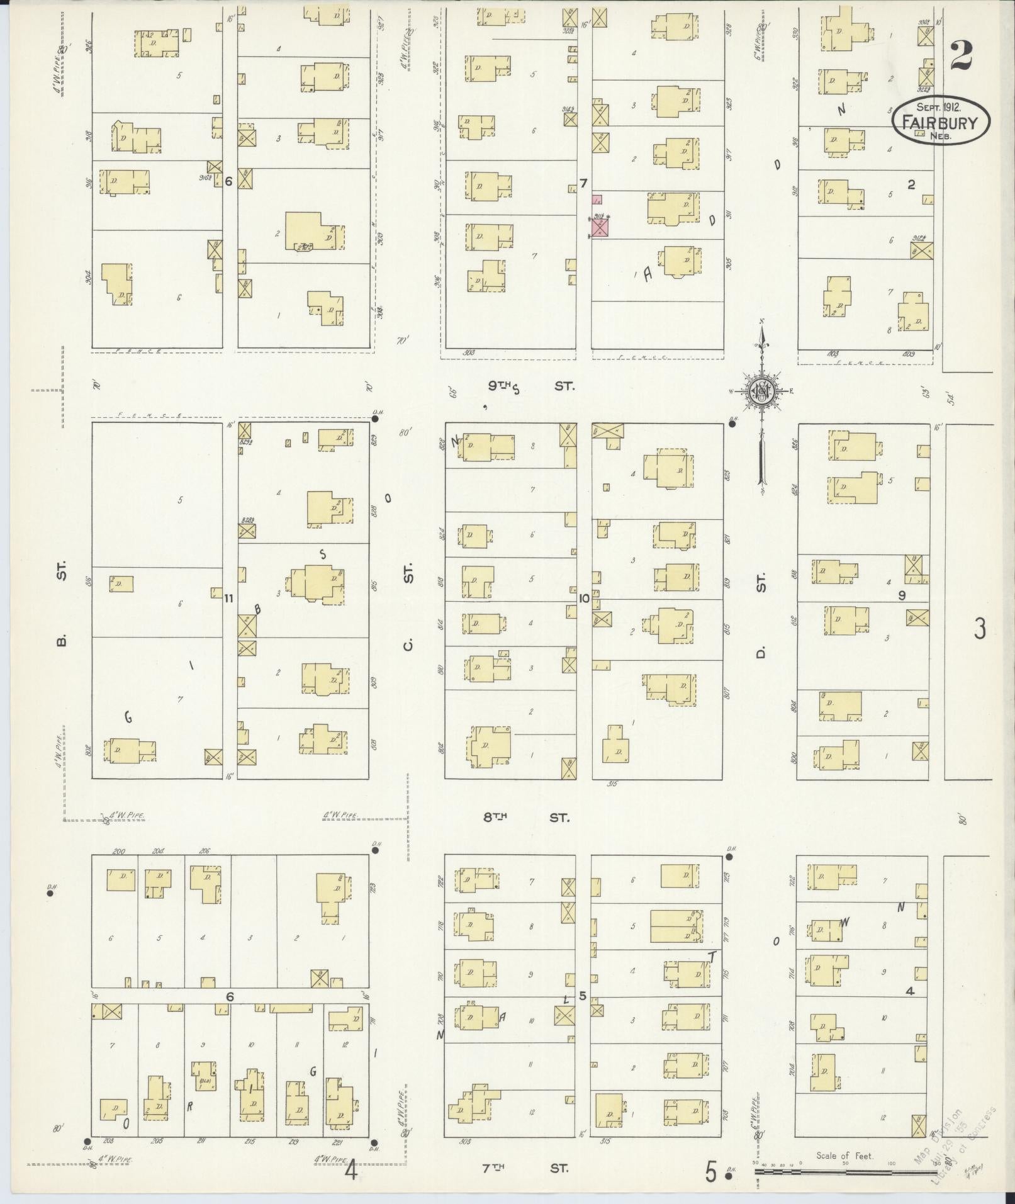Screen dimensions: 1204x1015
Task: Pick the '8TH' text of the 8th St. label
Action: coord(495,818)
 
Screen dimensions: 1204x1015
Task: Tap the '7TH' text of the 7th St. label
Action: coord(494,1167)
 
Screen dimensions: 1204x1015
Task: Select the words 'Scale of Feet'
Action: coord(844,1156)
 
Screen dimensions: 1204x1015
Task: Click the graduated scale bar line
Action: coord(843,1172)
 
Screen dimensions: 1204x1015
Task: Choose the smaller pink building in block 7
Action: coord(597,200)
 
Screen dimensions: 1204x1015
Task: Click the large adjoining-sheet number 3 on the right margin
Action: coord(979,629)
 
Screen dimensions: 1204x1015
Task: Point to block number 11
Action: coord(228,598)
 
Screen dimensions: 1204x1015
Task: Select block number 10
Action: coord(584,598)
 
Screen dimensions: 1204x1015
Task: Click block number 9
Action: coord(902,595)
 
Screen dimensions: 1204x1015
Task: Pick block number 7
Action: coord(583,184)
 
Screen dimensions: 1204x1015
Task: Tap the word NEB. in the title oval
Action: coord(941,136)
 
